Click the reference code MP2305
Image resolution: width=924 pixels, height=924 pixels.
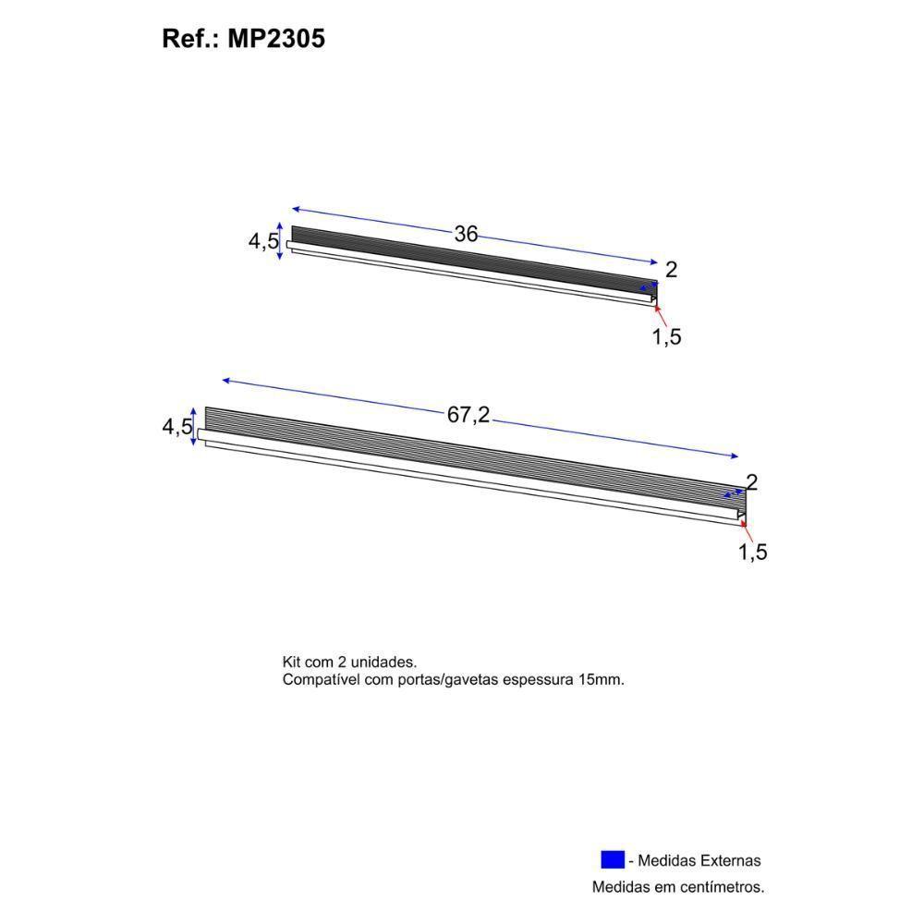point(275,39)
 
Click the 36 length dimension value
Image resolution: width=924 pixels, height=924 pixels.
point(466,235)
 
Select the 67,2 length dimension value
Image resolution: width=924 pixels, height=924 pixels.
point(468,416)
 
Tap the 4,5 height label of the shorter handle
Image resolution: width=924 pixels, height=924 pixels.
point(262,242)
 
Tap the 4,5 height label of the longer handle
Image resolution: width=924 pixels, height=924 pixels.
point(176,427)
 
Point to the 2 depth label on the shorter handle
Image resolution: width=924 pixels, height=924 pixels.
point(672,270)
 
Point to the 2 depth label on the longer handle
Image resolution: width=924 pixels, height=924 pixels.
point(751,482)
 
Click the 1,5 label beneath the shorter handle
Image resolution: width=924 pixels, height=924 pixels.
point(666,337)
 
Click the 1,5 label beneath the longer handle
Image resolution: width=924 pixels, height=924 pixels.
point(752,553)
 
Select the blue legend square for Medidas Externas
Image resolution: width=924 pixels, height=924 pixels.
point(613,859)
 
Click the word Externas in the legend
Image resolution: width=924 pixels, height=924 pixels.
point(729,861)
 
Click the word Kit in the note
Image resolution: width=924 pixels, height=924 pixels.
point(294,663)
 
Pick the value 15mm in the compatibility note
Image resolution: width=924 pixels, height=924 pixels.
point(601,679)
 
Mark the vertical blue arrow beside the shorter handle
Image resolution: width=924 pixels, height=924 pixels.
point(280,241)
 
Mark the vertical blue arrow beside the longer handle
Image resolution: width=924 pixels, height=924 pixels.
point(193,426)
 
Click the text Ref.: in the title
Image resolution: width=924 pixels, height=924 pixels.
point(189,39)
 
